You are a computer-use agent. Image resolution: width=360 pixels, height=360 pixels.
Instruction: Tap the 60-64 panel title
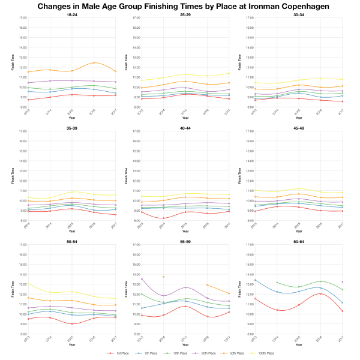[x=298, y=241]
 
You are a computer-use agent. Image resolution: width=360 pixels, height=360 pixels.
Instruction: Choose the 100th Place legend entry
[x=265, y=353]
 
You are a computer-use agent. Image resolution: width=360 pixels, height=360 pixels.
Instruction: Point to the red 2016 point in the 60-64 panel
[x=320, y=293]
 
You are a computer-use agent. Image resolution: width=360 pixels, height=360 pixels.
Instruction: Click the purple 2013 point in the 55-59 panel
[x=141, y=279]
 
